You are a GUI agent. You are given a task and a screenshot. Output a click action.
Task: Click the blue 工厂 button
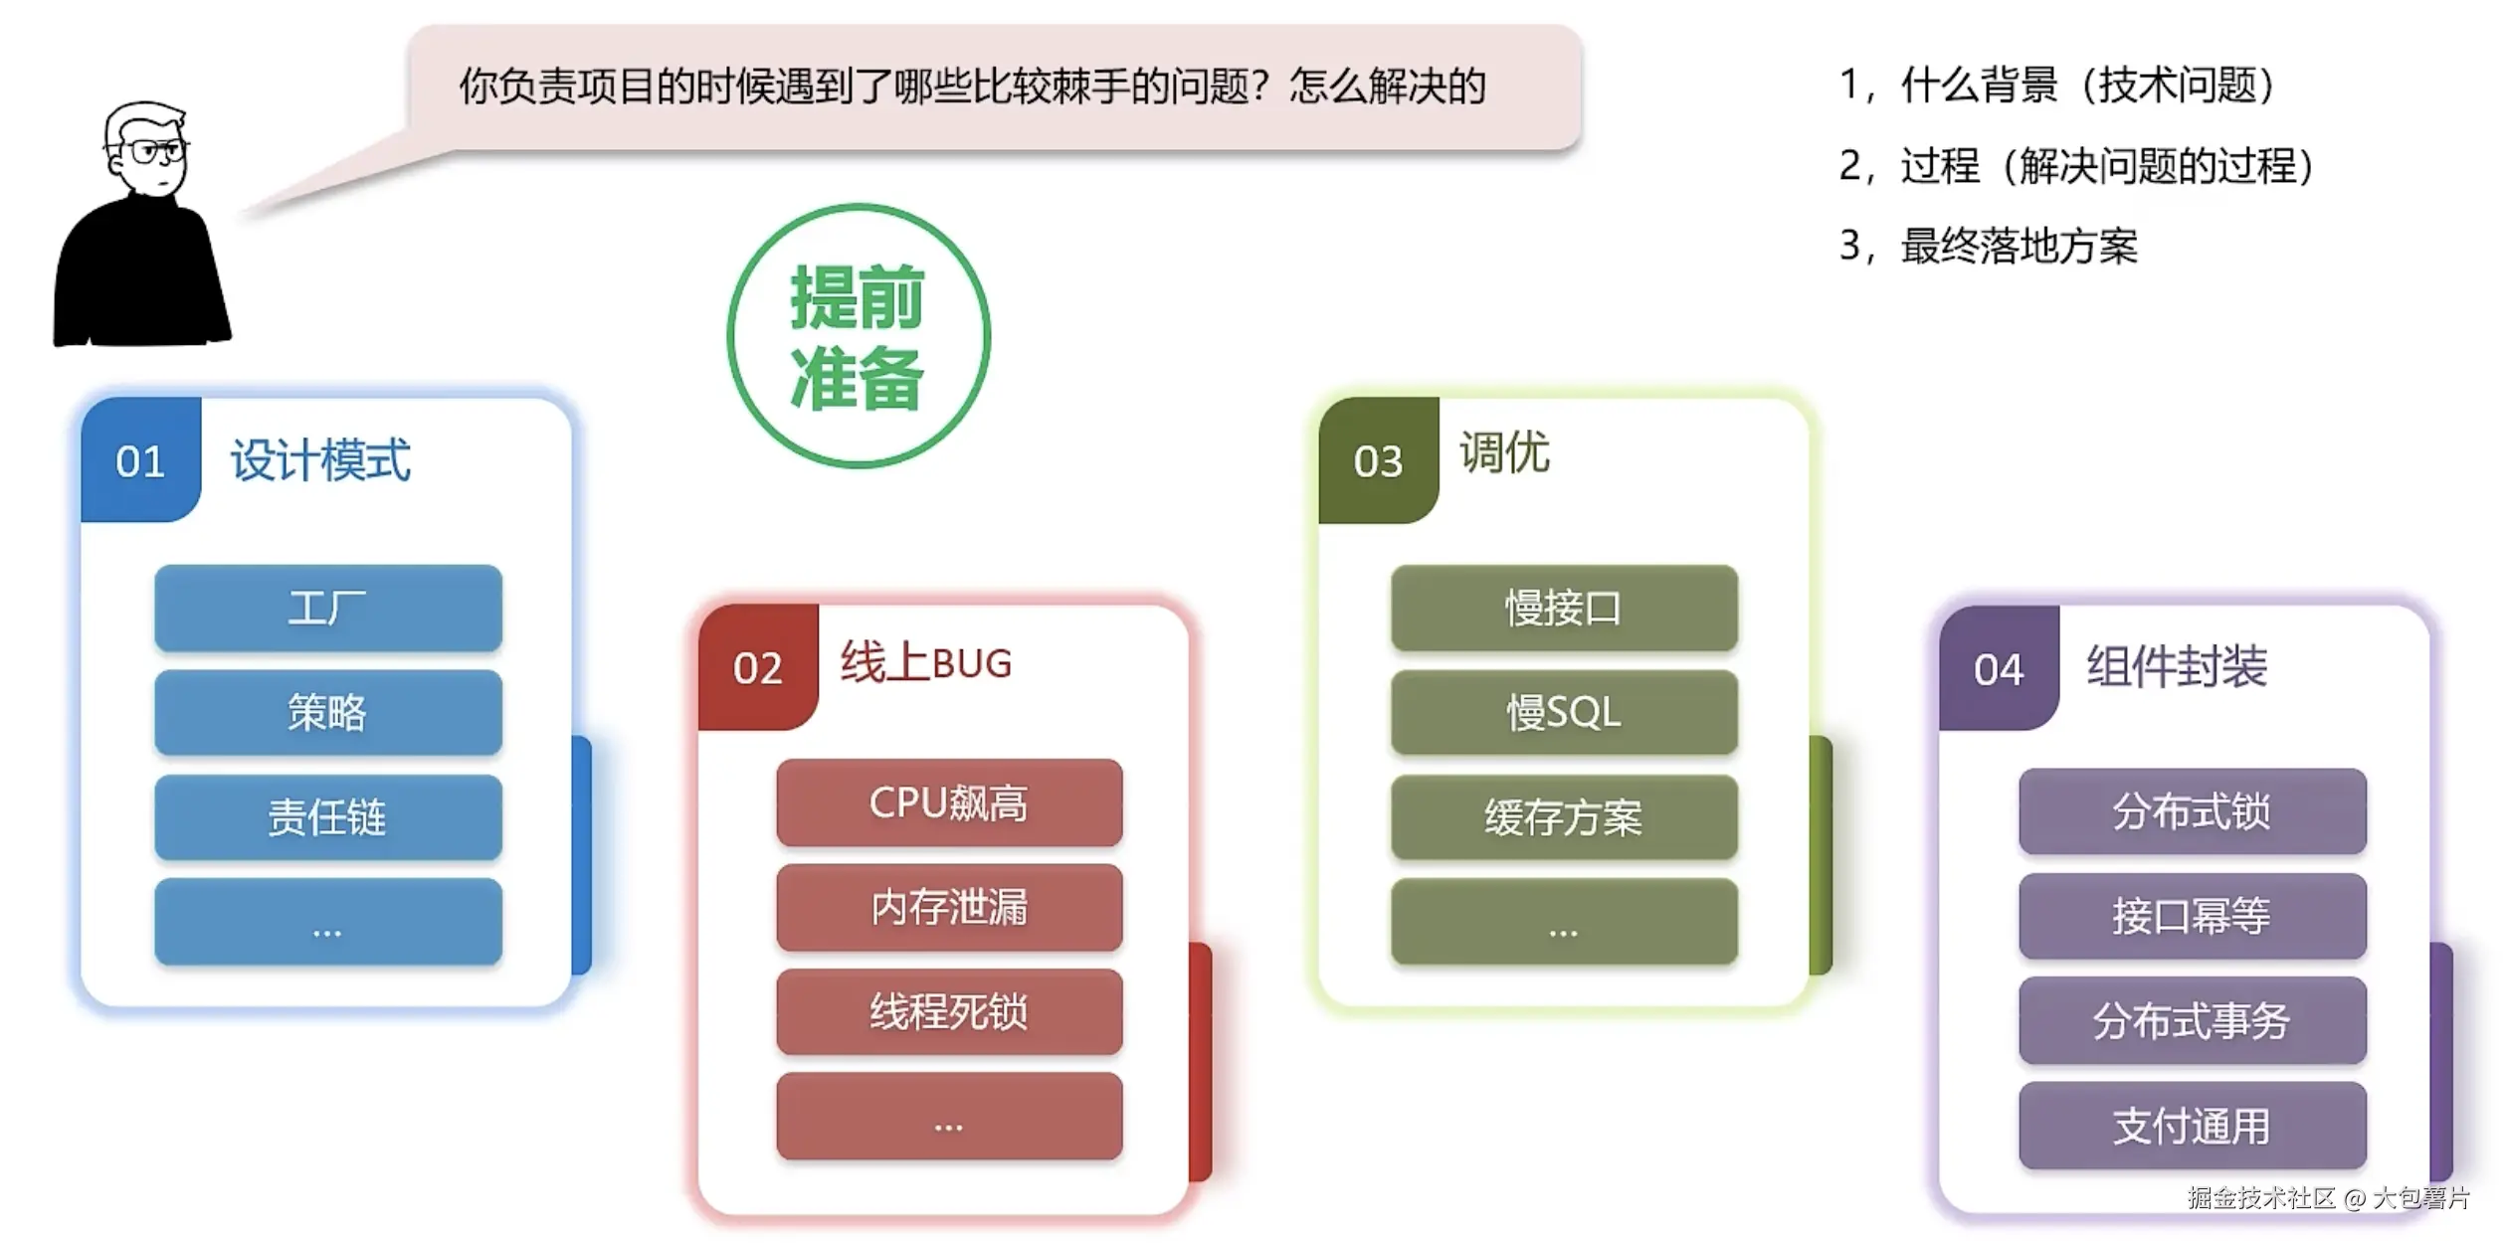[x=327, y=608]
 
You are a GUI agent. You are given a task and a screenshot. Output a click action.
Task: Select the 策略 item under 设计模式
[x=327, y=712]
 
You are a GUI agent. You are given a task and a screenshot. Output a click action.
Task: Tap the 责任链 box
[x=327, y=816]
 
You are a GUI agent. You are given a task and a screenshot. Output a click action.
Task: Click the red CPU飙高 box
[x=949, y=802]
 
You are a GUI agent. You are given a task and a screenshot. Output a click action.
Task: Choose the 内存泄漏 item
[x=949, y=907]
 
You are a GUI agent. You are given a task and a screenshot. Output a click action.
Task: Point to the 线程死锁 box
[x=949, y=1011]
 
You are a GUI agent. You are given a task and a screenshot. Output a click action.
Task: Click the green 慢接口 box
[x=1563, y=608]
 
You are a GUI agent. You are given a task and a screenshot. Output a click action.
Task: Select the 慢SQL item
[x=1563, y=712]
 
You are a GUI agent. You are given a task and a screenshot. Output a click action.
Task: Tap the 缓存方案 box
[x=1563, y=816]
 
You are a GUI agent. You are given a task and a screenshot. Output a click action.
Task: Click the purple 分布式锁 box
[x=2192, y=811]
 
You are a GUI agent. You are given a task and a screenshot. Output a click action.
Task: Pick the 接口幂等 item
[x=2192, y=916]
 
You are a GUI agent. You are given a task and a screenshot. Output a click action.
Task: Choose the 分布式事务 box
[x=2192, y=1020]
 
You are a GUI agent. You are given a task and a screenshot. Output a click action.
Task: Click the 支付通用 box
[x=2192, y=1126]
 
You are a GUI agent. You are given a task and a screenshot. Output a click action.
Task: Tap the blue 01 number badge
[x=140, y=460]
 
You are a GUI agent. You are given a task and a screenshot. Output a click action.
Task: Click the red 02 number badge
[x=758, y=667]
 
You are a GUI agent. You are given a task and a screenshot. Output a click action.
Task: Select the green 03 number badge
[x=1378, y=460]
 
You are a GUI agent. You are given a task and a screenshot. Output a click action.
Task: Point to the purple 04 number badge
[x=1999, y=669]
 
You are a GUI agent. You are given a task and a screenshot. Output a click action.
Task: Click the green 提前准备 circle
[x=858, y=336]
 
